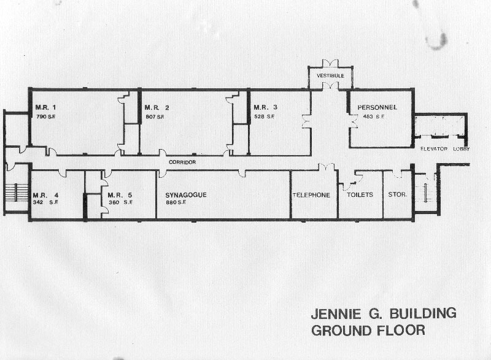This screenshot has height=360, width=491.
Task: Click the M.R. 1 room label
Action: (x=45, y=107)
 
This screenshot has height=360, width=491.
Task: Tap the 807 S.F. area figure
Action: (x=155, y=117)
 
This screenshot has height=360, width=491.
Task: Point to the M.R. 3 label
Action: (x=266, y=107)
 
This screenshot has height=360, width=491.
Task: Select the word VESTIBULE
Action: (x=330, y=75)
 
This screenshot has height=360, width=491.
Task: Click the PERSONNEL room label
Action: (x=377, y=107)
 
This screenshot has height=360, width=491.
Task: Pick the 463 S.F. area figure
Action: (x=374, y=117)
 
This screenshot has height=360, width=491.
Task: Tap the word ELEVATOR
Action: (x=434, y=149)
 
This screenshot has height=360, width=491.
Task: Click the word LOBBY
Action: (x=462, y=149)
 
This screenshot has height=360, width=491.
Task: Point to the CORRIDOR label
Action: (x=182, y=162)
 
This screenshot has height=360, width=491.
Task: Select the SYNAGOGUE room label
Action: (x=186, y=195)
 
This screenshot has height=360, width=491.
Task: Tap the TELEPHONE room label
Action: (x=312, y=195)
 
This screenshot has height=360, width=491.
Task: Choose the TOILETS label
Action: (x=360, y=194)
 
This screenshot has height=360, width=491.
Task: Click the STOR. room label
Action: (x=398, y=194)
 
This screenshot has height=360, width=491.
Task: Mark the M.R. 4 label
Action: (x=45, y=196)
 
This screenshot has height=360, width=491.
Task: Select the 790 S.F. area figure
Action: (x=46, y=117)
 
